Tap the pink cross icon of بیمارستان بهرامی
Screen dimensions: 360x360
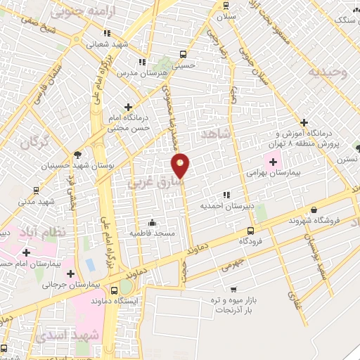273,162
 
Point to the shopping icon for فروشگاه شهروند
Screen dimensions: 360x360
313,210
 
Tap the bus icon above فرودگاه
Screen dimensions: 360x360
251,231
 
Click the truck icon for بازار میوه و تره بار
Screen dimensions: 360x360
233,288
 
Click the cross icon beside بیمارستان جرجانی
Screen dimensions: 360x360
70,274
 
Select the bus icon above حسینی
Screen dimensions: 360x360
184,53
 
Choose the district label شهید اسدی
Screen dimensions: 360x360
71,336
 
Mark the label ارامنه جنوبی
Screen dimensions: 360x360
76,12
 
